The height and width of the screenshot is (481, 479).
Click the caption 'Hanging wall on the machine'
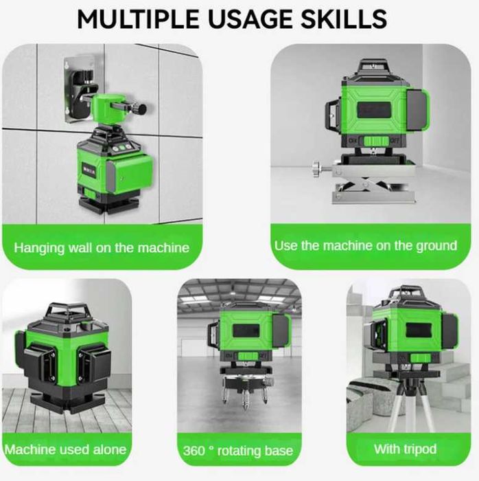coord(102,247)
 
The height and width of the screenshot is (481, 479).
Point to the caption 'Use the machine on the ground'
coord(365,245)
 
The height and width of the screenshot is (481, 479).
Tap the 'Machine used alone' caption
coord(66,449)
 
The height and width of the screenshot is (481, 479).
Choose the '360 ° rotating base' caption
coord(238,451)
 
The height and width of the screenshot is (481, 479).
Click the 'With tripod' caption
coord(405,449)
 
